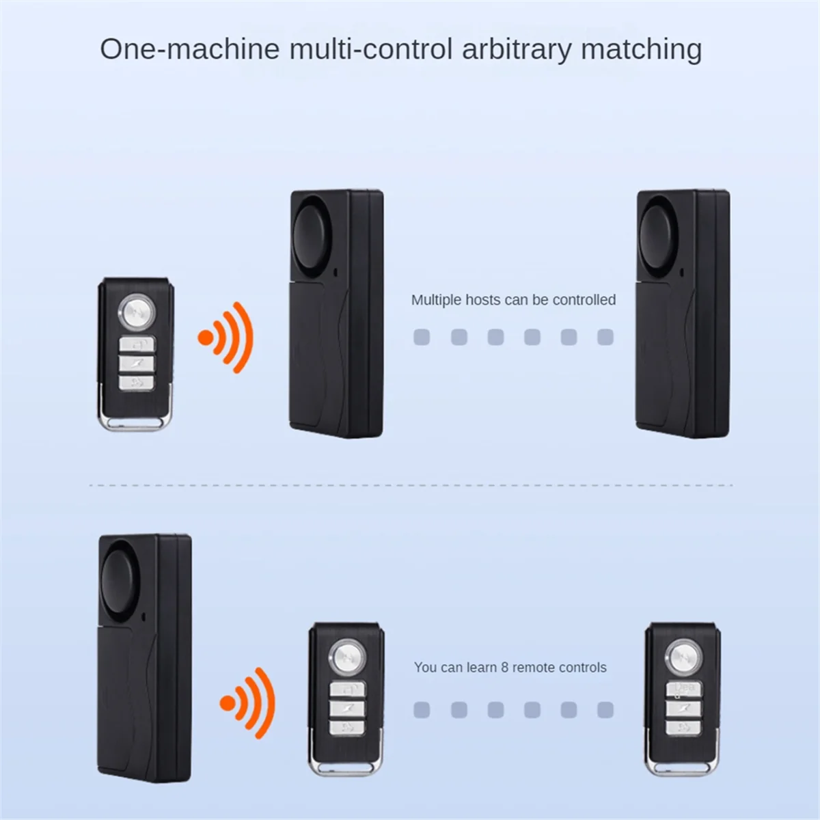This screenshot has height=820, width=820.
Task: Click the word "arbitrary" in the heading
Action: click(x=515, y=50)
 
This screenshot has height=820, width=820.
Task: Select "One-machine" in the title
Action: click(x=190, y=50)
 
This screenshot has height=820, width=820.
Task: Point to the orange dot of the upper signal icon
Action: click(x=205, y=338)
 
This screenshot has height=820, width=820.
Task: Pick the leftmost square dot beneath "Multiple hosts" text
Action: click(x=422, y=337)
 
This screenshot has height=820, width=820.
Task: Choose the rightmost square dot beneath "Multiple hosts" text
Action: click(x=605, y=337)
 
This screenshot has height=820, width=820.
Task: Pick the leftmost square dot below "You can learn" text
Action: click(x=422, y=711)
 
